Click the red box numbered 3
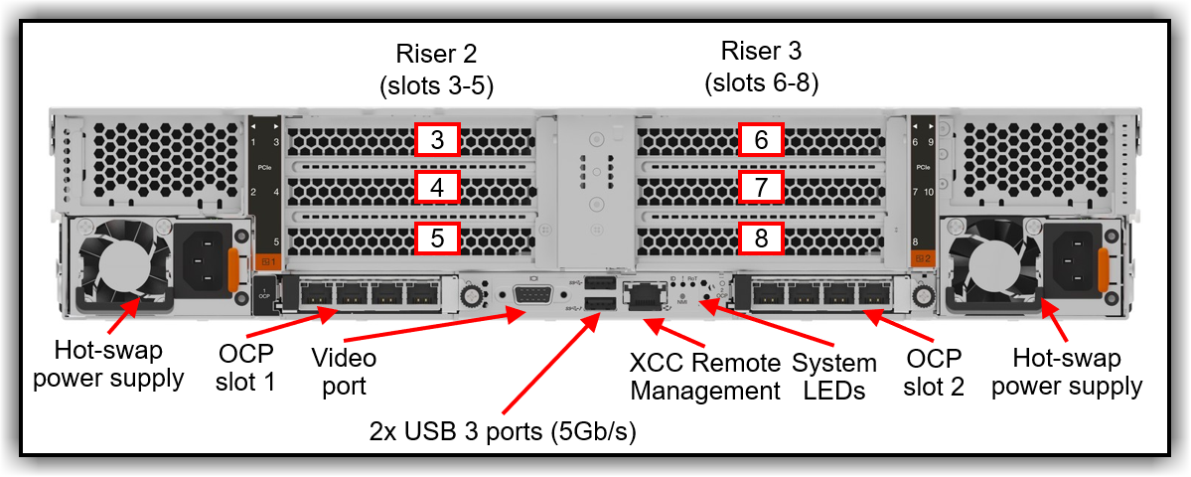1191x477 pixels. point(437,140)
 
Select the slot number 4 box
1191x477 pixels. point(437,187)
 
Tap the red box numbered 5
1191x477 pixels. point(437,238)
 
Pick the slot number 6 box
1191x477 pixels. point(761,140)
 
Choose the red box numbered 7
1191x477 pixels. point(761,187)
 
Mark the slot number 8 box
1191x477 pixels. point(761,238)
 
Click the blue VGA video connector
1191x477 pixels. point(534,296)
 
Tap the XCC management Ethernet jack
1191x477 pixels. point(643,295)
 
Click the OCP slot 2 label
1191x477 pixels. point(934,373)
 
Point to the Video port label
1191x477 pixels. point(344,370)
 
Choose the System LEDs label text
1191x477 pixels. point(834,377)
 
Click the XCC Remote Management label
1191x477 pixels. point(705,375)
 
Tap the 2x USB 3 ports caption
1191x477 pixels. point(502,431)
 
